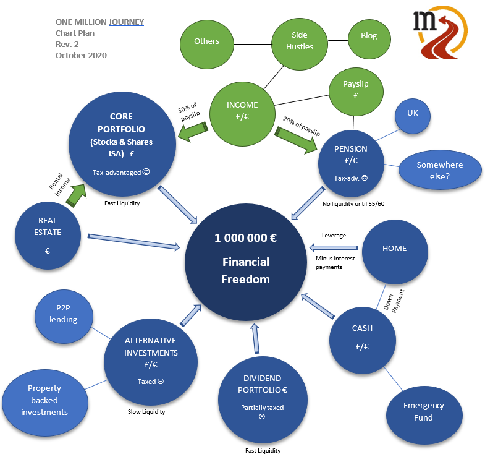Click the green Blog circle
pos(369,36)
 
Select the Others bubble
pos(206,41)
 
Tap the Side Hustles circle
pos(300,41)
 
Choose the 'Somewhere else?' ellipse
pos(439,171)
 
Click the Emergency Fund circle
pos(423,412)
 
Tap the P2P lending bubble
pos(64,314)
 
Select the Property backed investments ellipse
pos(44,400)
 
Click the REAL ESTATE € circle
pos(48,236)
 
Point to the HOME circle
pos(394,249)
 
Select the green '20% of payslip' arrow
pos(297,139)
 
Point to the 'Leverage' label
pos(334,236)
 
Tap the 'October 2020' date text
pos(81,55)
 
